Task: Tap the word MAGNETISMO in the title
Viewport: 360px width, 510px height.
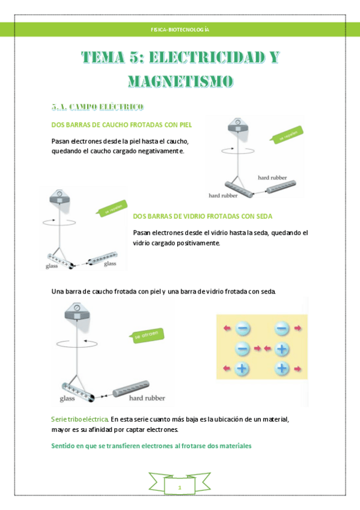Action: [x=180, y=81]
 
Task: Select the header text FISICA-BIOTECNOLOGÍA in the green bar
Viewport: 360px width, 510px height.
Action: [x=180, y=29]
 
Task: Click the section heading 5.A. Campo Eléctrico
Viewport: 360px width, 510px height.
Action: [x=97, y=107]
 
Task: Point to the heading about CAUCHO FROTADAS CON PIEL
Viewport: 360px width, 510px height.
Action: [x=122, y=124]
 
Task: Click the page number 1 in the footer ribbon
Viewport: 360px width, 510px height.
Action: [x=180, y=487]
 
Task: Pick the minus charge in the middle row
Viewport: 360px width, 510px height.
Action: [x=242, y=348]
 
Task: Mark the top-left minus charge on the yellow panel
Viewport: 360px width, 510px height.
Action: [x=242, y=328]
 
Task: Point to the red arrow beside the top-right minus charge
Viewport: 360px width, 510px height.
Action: [x=298, y=328]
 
